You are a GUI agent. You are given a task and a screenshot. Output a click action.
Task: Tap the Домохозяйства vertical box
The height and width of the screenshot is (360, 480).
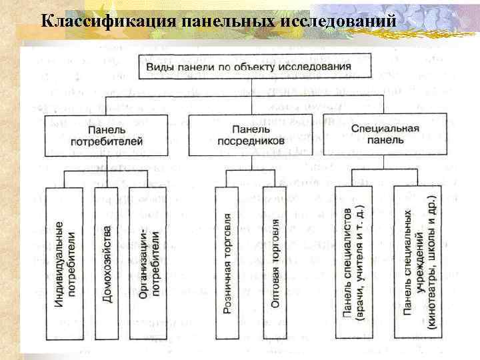click(107, 263)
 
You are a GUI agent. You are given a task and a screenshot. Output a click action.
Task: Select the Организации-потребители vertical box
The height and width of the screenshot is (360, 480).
click(148, 263)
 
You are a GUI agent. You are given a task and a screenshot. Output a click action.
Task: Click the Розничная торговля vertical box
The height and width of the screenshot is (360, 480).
click(228, 263)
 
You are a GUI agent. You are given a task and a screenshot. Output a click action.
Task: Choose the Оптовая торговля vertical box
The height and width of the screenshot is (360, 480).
click(275, 263)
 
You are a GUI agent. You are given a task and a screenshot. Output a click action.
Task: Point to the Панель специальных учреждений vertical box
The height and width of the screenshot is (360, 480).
click(418, 263)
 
